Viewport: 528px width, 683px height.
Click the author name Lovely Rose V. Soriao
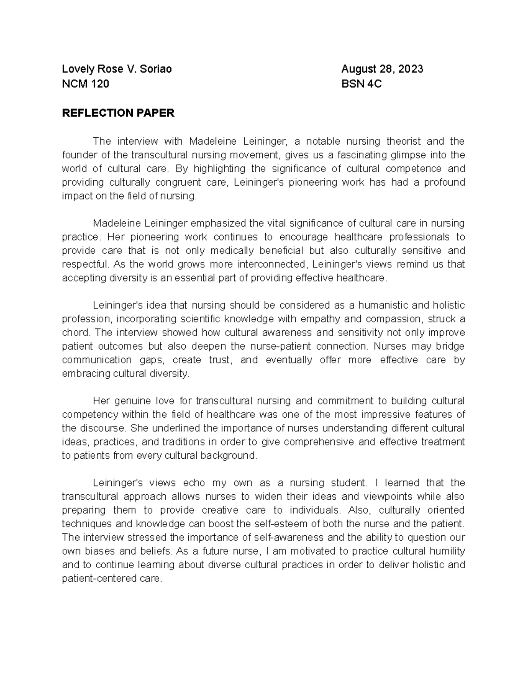[x=117, y=69]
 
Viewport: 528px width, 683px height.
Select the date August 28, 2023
[x=382, y=69]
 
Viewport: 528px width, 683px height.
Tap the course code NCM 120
[x=85, y=84]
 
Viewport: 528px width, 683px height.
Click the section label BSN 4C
[x=361, y=84]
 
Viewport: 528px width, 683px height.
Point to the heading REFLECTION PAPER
[x=118, y=113]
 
